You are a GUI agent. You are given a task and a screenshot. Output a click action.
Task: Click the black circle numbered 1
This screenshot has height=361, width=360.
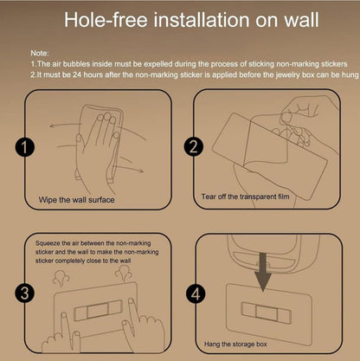(25, 147)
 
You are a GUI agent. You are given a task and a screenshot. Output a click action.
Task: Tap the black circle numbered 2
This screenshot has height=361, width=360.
(194, 146)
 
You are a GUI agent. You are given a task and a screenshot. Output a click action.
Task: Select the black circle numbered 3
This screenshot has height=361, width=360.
(25, 293)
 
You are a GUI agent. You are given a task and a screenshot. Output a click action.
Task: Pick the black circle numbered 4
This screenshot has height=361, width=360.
(196, 294)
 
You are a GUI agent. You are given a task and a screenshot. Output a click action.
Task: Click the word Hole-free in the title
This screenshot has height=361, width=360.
(106, 20)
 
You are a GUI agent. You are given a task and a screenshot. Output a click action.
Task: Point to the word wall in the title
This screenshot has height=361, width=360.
(301, 20)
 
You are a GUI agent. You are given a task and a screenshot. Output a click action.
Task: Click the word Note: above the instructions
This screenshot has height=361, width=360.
(40, 53)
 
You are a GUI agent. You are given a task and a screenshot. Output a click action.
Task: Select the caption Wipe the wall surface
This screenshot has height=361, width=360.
(76, 200)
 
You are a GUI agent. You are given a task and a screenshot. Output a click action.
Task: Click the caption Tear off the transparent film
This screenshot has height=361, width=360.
(245, 197)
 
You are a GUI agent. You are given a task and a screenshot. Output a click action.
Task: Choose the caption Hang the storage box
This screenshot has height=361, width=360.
(235, 344)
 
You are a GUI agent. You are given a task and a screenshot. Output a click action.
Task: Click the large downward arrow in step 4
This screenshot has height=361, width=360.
(263, 272)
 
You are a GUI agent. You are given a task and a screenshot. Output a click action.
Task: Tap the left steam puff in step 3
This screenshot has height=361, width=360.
(61, 279)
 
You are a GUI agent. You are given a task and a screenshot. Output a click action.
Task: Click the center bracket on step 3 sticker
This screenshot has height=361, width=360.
(98, 311)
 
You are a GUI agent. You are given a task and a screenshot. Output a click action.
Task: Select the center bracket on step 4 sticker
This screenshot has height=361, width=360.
(266, 313)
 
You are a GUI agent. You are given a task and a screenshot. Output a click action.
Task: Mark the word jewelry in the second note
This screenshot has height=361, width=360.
(288, 75)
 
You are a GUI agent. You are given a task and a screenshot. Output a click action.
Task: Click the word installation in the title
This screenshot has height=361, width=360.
(202, 20)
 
